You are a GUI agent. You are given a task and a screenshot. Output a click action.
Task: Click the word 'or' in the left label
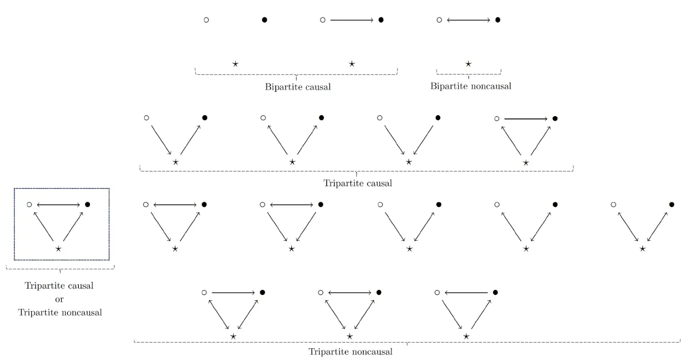60,299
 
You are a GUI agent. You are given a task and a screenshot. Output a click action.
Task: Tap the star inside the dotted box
58,249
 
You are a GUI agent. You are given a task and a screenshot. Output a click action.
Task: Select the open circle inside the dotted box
29,204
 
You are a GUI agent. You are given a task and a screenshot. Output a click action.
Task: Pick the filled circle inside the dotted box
87,204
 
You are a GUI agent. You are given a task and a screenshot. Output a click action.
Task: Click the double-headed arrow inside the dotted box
59,205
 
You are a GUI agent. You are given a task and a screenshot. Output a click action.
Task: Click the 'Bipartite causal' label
297,87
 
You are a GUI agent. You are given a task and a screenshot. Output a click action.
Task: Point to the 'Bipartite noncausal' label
471,86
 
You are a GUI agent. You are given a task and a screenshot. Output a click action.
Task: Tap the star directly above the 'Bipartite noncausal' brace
469,64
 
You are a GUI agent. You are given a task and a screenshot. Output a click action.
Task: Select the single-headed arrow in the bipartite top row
352,20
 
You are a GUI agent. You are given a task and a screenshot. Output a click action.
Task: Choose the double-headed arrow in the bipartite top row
469,20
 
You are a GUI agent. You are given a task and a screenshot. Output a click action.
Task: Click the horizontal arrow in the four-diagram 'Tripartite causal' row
526,119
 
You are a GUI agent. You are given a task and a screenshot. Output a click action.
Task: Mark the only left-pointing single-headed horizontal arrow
466,293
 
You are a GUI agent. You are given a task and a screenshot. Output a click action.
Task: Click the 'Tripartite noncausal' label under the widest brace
350,352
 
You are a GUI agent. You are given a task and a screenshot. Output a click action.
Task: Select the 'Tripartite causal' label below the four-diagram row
358,183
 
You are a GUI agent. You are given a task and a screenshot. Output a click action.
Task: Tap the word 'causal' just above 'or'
79,286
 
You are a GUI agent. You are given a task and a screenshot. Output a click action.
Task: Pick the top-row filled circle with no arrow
265,20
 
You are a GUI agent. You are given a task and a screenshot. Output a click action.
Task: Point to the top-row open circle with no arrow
207,20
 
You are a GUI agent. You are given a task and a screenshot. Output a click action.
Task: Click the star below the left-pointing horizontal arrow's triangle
466,336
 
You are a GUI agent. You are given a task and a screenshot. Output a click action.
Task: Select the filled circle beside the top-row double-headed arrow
498,20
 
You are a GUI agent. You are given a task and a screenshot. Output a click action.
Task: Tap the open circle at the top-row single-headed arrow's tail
323,20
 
